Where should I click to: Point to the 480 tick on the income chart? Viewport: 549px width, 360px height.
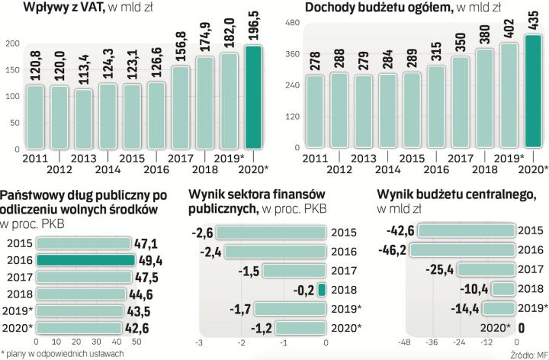pos(294,24)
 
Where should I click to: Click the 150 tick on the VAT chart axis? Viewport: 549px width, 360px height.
pos(11,73)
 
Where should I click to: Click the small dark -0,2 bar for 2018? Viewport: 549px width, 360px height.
pos(322,289)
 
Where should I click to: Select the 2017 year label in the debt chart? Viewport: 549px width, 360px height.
pos(19,277)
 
